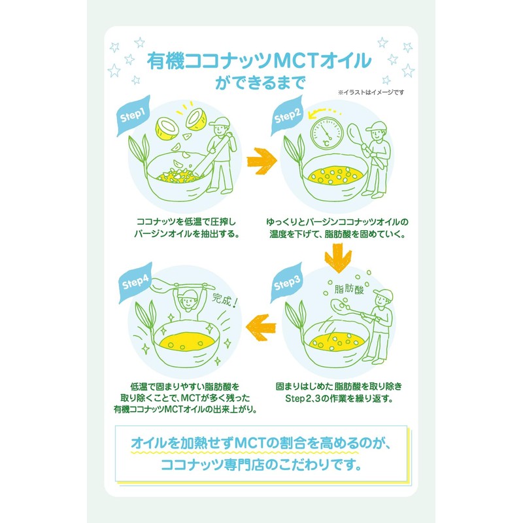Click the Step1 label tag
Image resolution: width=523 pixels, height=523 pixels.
coord(133,116)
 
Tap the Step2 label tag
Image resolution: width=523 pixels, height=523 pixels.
coord(286,116)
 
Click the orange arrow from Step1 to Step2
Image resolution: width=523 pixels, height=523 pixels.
coord(262,161)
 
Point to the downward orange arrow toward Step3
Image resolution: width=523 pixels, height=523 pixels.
coord(338,258)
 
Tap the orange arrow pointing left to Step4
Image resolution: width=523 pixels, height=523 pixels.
coord(261,328)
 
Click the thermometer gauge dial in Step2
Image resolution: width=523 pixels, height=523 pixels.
coord(326,133)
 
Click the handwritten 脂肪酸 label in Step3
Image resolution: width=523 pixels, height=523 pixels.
coord(349,288)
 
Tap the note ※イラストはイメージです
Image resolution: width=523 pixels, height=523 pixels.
coord(371,92)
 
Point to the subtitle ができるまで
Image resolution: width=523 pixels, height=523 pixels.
coord(260,83)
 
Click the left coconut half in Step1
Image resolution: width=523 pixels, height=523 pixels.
coord(167,128)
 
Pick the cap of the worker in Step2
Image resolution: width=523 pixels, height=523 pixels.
coord(376,127)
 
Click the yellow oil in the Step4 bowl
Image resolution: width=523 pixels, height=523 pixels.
coord(187,341)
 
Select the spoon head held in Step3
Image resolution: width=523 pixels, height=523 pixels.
coord(339,305)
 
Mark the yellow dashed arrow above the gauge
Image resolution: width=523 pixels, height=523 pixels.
coord(324,112)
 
